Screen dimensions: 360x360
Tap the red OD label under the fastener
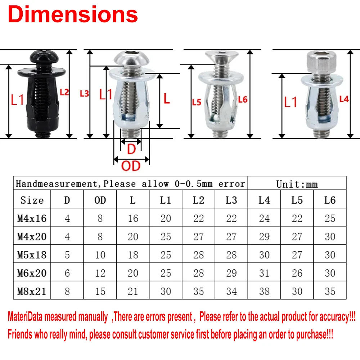coord(130,166)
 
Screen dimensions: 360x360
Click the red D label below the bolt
coord(131,149)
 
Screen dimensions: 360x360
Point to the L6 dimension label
coord(243,100)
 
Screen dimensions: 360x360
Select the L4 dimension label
coord(344,99)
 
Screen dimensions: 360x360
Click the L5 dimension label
coord(196,102)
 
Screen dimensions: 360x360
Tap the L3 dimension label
coord(84,94)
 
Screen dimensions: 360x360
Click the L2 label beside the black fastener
coord(64,92)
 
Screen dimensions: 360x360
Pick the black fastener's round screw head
coord(41,57)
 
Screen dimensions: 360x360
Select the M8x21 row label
coord(32,291)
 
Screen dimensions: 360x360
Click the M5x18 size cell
coord(32,255)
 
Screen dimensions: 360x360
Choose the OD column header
coord(100,200)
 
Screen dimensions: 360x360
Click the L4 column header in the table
coord(264,200)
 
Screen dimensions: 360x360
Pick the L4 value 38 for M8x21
coord(264,291)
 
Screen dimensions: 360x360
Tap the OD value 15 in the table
coord(100,291)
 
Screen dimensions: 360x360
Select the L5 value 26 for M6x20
coord(297,273)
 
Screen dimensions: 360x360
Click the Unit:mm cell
coord(297,184)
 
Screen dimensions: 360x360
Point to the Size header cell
coord(32,200)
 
